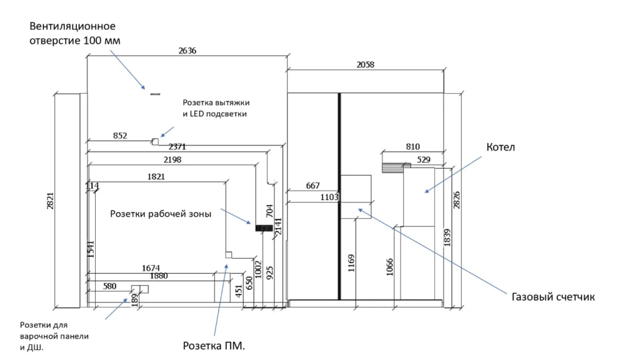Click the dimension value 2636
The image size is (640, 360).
[x=187, y=51]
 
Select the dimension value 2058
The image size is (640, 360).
[x=366, y=64]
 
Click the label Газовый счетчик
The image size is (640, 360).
[x=553, y=297]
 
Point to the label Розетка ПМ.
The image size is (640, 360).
[x=213, y=345]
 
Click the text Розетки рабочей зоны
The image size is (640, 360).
[x=161, y=214]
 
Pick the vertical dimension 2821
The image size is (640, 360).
[x=51, y=200]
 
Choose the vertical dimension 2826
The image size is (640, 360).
[x=456, y=200]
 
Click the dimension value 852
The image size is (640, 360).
[x=120, y=136]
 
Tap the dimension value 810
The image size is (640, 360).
[x=412, y=147]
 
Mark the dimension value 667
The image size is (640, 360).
[x=312, y=186]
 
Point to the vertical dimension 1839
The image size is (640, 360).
[x=447, y=236]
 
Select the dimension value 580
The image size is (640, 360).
[x=110, y=286]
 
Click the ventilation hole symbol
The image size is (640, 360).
[x=155, y=94]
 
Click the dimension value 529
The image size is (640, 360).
[x=424, y=160]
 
